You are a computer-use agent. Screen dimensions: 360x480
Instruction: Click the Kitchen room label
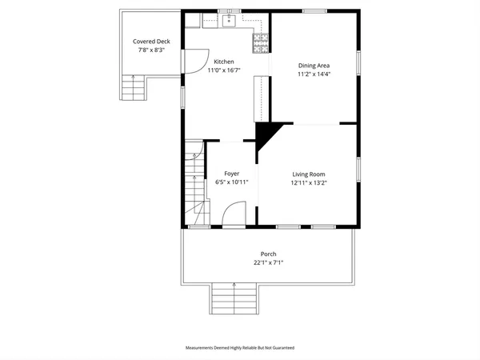223,62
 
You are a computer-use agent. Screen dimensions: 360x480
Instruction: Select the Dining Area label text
314,66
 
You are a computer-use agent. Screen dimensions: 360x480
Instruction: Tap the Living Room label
308,174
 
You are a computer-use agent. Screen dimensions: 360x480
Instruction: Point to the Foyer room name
231,174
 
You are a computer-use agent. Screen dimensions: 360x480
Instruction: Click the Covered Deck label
151,42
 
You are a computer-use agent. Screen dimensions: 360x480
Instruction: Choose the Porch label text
268,254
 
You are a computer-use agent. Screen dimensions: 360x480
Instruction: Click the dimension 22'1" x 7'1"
268,262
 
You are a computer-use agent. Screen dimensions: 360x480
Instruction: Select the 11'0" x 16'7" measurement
223,70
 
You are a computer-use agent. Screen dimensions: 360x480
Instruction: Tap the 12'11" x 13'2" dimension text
308,182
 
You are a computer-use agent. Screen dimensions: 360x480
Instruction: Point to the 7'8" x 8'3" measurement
151,50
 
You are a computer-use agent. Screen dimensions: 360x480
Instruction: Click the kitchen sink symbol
228,20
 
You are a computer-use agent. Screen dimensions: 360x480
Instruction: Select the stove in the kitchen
260,44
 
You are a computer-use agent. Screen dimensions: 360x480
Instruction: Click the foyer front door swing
233,214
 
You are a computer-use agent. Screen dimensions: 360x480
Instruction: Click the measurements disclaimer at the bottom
240,348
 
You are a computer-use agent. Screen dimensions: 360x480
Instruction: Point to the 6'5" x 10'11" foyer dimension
231,182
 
